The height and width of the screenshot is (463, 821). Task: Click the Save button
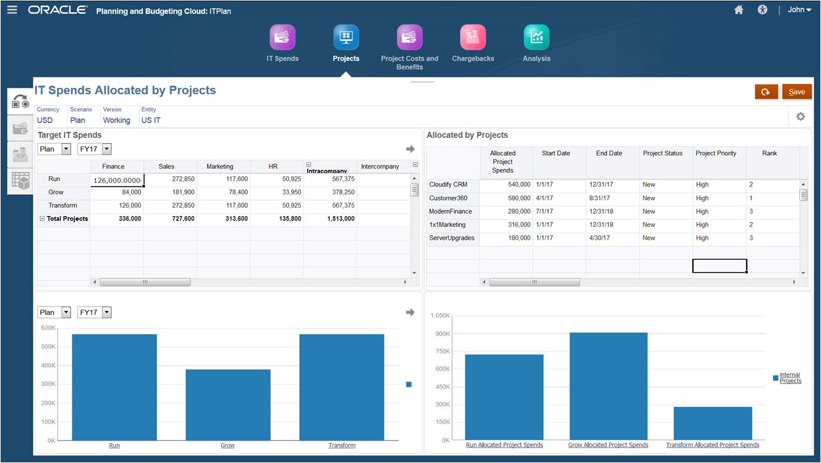[x=797, y=92]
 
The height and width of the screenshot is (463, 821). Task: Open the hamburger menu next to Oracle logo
[x=12, y=10]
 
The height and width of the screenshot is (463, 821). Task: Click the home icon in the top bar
[x=738, y=10]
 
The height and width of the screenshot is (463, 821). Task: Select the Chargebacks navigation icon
[x=473, y=37]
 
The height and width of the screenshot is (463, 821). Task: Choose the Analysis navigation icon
[x=536, y=37]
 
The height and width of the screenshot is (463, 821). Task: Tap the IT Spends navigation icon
[x=282, y=37]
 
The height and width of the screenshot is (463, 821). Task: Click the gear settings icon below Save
[x=801, y=117]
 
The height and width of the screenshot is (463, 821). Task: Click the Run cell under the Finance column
[x=117, y=180]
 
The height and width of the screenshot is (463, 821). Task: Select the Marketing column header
[x=220, y=167]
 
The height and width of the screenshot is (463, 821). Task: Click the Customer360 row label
[x=448, y=198]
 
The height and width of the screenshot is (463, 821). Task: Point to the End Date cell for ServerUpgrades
[x=612, y=238]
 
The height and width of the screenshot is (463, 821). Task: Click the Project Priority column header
[x=716, y=153]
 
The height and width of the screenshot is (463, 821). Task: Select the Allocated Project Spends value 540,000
[x=506, y=185]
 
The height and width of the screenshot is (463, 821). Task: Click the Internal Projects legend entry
[x=790, y=378]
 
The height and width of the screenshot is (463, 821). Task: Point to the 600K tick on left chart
[x=48, y=328]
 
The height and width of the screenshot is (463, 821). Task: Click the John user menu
[x=799, y=10]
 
